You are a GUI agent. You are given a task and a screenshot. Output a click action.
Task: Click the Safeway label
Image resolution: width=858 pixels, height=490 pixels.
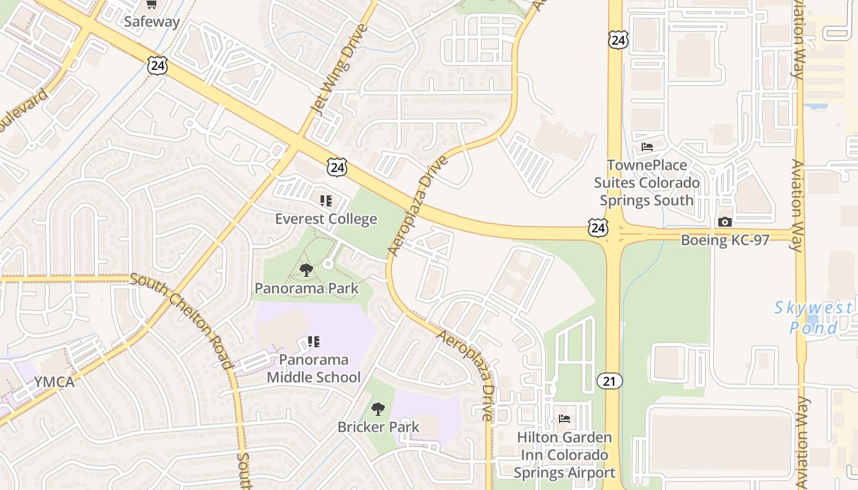[x=151, y=22]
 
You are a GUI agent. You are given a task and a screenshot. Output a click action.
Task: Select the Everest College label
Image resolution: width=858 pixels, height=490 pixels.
[x=326, y=219]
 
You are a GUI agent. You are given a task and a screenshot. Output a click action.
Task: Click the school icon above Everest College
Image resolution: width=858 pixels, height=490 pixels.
[x=326, y=200]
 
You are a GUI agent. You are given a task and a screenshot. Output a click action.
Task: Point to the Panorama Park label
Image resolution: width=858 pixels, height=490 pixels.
[x=306, y=288]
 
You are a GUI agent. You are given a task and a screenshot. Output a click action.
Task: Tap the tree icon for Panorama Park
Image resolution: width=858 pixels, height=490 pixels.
[x=306, y=269]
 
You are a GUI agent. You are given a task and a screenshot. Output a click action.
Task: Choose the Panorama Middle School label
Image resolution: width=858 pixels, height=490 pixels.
[x=314, y=368]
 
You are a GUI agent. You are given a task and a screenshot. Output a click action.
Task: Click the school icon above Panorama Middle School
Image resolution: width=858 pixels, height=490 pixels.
[x=314, y=341]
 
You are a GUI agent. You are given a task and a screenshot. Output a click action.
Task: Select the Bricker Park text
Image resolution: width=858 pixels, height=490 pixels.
[x=378, y=427]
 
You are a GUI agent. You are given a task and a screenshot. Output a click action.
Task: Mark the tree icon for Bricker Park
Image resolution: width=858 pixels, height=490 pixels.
[x=378, y=409]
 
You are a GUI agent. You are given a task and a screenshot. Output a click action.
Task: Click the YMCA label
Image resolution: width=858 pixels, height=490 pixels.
[x=54, y=382]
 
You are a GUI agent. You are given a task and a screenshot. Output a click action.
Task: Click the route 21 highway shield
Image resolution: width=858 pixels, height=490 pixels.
[x=610, y=381]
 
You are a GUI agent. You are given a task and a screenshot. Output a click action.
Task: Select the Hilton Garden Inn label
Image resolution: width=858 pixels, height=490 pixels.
[x=564, y=454]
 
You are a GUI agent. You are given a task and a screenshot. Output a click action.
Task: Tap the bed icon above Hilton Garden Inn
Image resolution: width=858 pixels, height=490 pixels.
[x=564, y=419]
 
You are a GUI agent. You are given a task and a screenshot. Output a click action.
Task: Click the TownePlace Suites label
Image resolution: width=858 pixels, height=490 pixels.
[x=647, y=183]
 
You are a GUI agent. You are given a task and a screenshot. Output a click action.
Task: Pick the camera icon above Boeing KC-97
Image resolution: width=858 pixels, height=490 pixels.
[x=725, y=222]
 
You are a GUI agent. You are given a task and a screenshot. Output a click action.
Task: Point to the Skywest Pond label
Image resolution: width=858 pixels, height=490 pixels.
[x=813, y=317]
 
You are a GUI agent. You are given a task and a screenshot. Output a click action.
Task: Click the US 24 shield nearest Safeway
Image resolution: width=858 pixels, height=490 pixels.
[x=158, y=65]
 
